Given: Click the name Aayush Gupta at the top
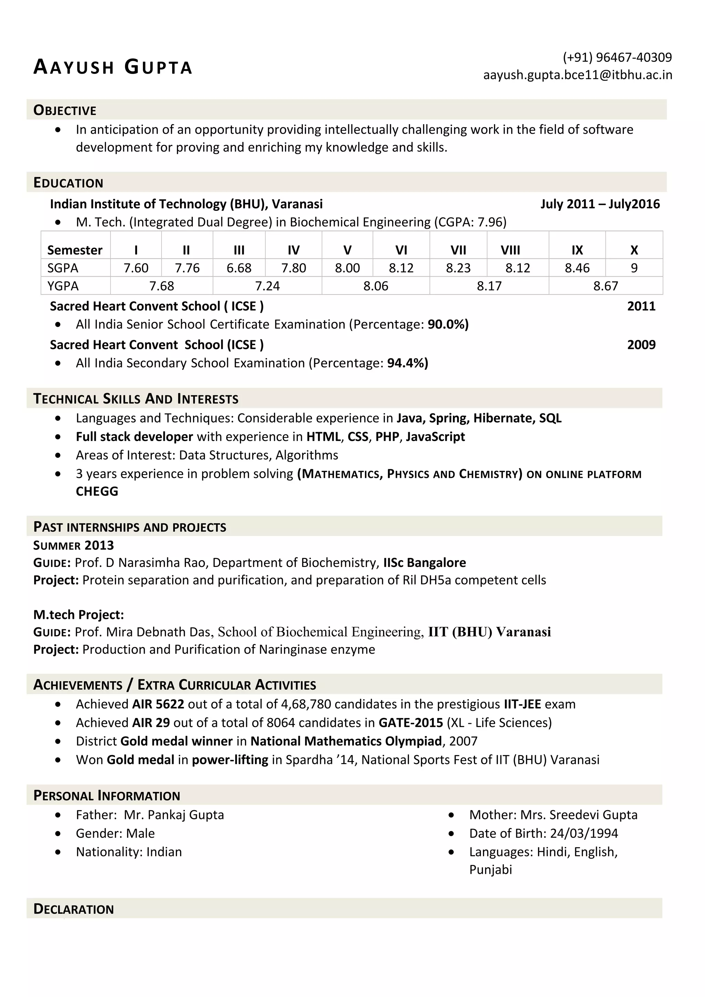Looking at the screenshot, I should pos(113,67).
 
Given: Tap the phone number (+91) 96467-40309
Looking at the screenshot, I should pos(617,57).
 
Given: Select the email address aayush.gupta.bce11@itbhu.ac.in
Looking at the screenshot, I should pos(577,75).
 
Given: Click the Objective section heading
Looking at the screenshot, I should pos(65,110).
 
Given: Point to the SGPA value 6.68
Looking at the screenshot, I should pos(239,268).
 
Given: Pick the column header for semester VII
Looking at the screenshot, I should pos(458,250).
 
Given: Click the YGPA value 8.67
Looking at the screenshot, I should pos(605,286).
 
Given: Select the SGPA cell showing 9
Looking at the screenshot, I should pos(634,268).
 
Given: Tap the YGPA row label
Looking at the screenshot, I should pos(63,286).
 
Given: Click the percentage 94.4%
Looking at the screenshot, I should pos(407,363).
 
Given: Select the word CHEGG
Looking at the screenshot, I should pos(97,492).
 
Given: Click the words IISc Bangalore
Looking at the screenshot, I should pos(424,563).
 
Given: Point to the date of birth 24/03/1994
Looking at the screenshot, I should pos(583,833).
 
